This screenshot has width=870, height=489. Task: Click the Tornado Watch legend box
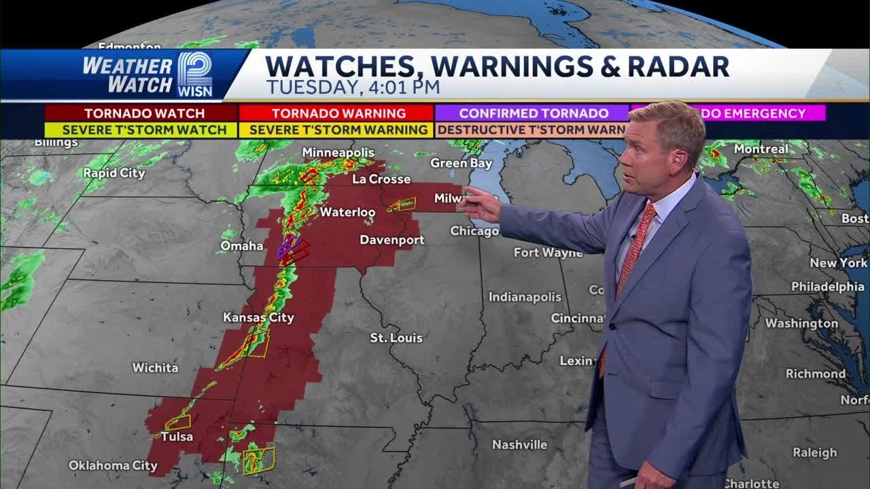(141, 113)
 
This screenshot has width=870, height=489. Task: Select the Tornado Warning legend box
(339, 113)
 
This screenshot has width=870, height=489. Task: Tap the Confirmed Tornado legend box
(533, 113)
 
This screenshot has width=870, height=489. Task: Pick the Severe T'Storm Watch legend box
(141, 129)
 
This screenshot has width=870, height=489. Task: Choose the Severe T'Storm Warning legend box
(339, 129)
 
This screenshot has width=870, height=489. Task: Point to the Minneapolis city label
(338, 152)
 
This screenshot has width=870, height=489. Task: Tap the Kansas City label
(258, 317)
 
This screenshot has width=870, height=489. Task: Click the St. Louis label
(396, 338)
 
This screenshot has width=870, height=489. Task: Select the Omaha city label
(241, 246)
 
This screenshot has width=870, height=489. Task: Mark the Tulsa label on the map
(177, 437)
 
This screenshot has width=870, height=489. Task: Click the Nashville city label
(519, 445)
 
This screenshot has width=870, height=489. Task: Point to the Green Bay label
(461, 163)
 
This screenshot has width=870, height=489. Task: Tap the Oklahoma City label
(113, 466)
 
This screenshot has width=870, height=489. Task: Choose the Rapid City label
(114, 173)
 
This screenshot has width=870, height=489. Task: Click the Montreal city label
(761, 149)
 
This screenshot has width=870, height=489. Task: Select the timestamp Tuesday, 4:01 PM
(353, 87)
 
